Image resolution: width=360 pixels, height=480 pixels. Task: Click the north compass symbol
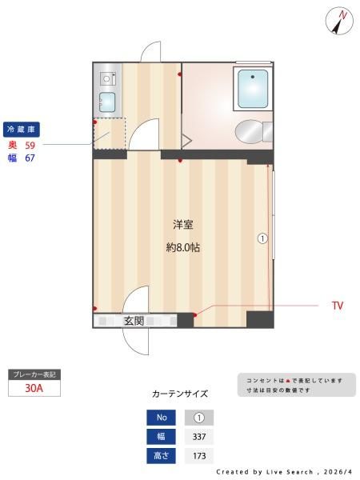pyautogui.click(x=339, y=21)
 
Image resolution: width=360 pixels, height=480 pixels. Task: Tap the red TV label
pyautogui.click(x=338, y=306)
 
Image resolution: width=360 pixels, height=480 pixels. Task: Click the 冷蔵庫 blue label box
pyautogui.click(x=22, y=130)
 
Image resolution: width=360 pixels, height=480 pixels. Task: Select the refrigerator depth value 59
pyautogui.click(x=30, y=145)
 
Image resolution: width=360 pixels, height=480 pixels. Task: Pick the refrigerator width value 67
pyautogui.click(x=30, y=158)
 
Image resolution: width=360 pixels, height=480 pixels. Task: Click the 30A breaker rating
pyautogui.click(x=34, y=388)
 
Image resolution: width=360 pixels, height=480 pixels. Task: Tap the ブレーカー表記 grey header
pyautogui.click(x=34, y=374)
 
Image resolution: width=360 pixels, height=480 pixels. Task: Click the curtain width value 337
pyautogui.click(x=199, y=437)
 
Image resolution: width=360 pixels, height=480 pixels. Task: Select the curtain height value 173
pyautogui.click(x=199, y=456)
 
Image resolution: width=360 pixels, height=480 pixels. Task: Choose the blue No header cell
pyautogui.click(x=162, y=418)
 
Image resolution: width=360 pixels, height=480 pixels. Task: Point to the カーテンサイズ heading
pyautogui.click(x=180, y=394)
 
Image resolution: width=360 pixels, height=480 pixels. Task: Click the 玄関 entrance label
pyautogui.click(x=134, y=321)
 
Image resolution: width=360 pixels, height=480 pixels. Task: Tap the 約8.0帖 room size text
pyautogui.click(x=183, y=247)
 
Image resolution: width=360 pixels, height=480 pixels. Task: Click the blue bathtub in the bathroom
pyautogui.click(x=253, y=89)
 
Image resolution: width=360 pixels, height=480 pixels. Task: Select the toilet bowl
pyautogui.click(x=250, y=132)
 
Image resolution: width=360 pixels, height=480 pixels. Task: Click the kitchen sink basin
pyautogui.click(x=107, y=102)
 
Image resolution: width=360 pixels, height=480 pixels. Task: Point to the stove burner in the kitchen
pyautogui.click(x=107, y=78)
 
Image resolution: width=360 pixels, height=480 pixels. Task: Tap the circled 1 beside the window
pyautogui.click(x=262, y=238)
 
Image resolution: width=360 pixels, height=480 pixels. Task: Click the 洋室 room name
pyautogui.click(x=183, y=225)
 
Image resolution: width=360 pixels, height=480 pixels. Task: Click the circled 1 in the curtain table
pyautogui.click(x=199, y=418)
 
